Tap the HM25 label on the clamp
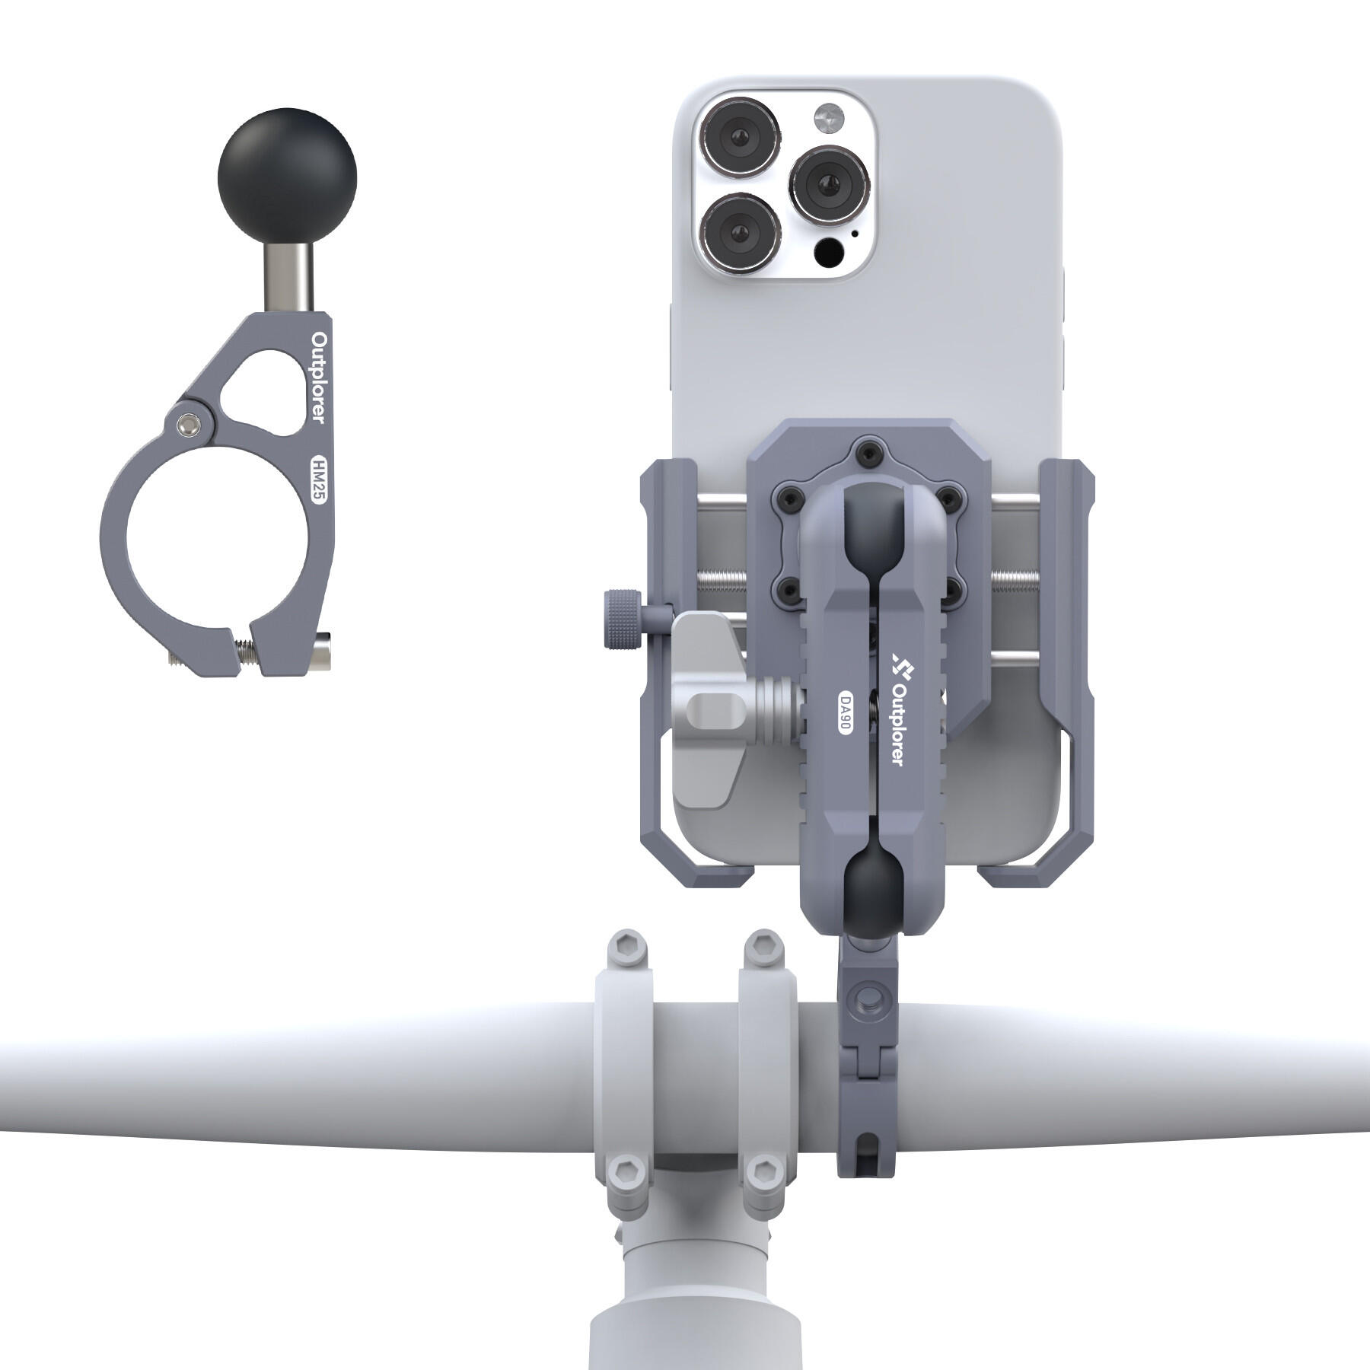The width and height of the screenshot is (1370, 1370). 317,478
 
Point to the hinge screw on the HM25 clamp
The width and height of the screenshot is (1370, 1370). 186,425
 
